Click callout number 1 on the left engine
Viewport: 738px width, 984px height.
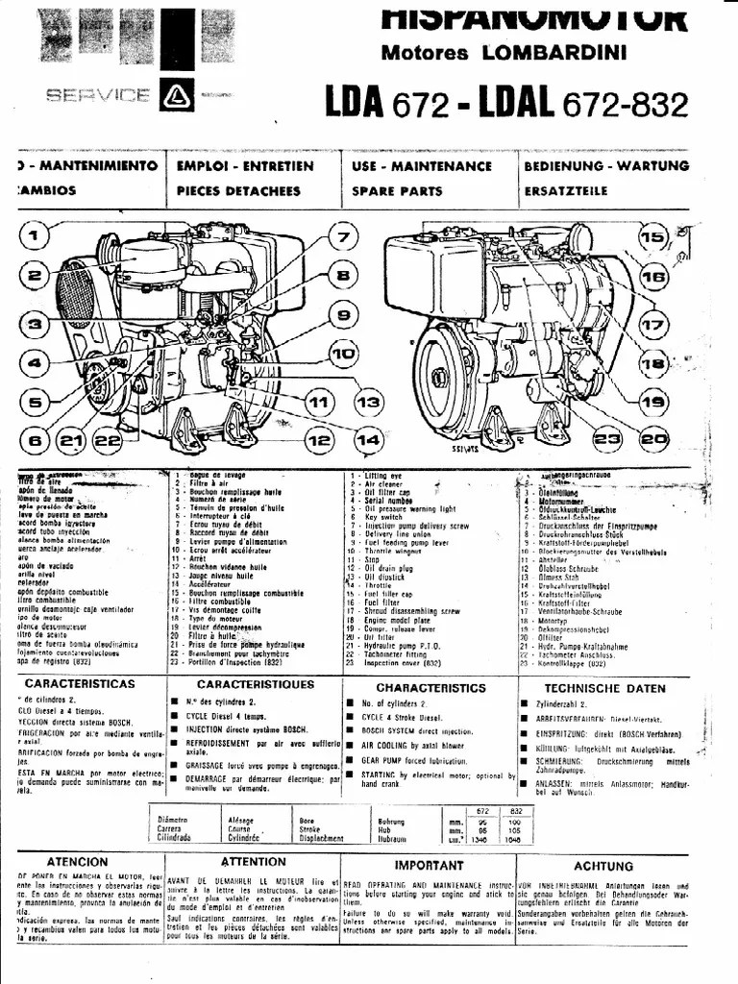(34, 235)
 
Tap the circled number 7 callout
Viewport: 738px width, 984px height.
(341, 235)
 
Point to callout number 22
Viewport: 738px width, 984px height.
(108, 440)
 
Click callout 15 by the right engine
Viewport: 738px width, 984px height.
(652, 237)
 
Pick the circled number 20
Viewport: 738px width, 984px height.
(653, 439)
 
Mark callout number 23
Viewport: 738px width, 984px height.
(606, 439)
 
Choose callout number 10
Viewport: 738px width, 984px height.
(342, 354)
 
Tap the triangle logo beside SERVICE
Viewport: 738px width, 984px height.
(177, 94)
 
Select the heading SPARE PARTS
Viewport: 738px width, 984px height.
(397, 190)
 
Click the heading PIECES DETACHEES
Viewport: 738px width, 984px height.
(238, 190)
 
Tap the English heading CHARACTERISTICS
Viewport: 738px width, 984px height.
(430, 688)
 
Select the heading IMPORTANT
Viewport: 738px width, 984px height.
(429, 866)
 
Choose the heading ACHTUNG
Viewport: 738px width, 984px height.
(603, 866)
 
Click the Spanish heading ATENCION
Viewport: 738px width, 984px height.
(77, 862)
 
